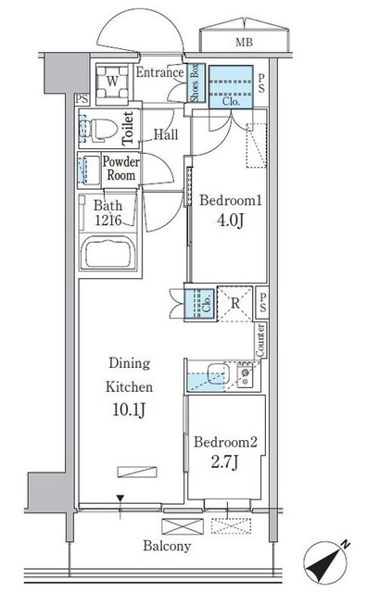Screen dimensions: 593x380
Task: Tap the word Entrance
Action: point(159,73)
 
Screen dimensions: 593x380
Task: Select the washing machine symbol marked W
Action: point(112,81)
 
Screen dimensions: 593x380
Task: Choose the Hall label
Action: point(166,134)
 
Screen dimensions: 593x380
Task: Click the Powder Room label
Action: point(120,169)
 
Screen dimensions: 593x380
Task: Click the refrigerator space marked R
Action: point(236,303)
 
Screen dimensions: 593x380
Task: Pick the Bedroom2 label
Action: point(225,442)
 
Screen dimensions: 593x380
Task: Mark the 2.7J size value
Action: point(225,462)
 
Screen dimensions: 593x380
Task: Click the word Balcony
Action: point(167,547)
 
